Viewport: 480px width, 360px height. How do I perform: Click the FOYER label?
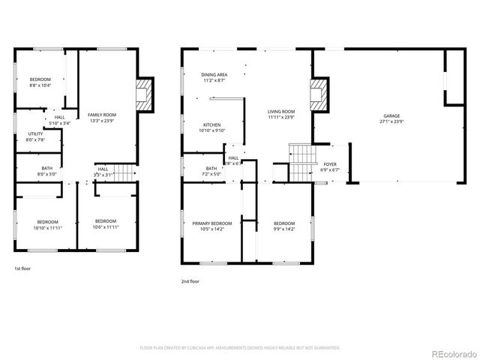(x=330, y=166)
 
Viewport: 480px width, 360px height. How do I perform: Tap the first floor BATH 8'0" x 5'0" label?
(x=37, y=171)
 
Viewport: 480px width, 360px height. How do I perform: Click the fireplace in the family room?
(x=143, y=94)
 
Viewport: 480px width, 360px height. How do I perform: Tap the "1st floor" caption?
(x=22, y=268)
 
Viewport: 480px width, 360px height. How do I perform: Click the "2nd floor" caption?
(x=190, y=281)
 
